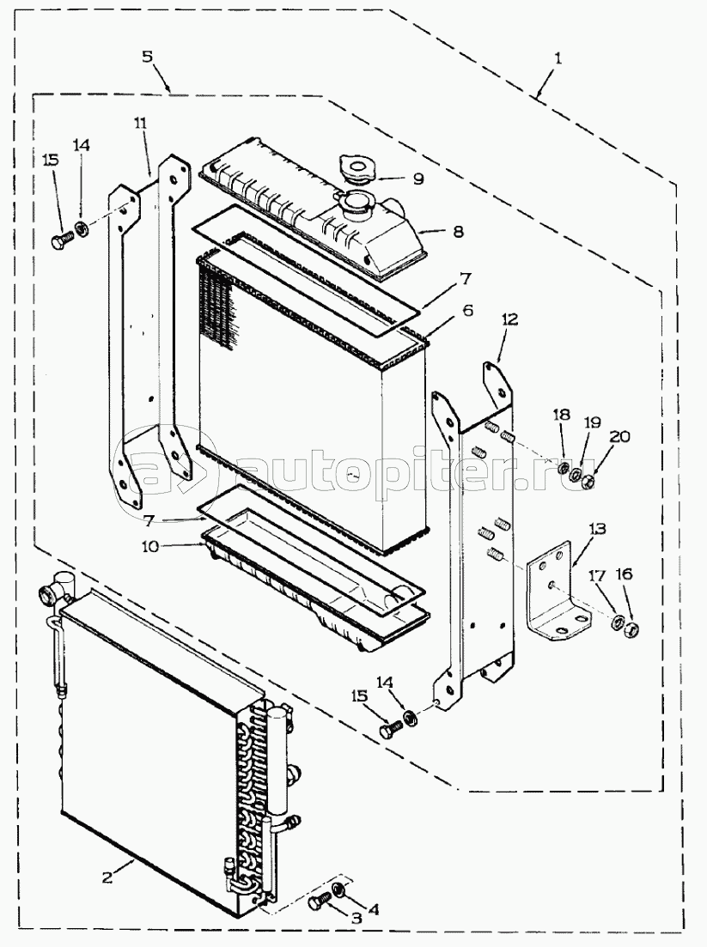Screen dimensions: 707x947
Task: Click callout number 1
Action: (x=558, y=58)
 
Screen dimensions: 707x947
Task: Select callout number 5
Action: (x=148, y=57)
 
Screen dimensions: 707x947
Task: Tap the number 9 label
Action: (x=418, y=179)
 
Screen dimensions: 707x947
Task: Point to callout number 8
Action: (x=459, y=231)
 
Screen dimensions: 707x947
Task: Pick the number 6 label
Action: (x=467, y=311)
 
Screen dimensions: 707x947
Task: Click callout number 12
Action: (x=509, y=319)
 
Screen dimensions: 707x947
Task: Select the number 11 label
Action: (x=140, y=124)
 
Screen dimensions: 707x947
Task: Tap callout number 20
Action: (x=620, y=436)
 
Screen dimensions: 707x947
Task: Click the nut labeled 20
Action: (x=586, y=482)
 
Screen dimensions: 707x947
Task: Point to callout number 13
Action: (x=597, y=530)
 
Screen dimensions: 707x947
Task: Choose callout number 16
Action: (x=624, y=574)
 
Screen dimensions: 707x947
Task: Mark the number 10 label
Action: (x=150, y=547)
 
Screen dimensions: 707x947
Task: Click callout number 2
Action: (x=107, y=877)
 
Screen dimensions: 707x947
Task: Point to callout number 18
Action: (x=561, y=415)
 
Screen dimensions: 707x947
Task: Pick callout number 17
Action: (x=596, y=576)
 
